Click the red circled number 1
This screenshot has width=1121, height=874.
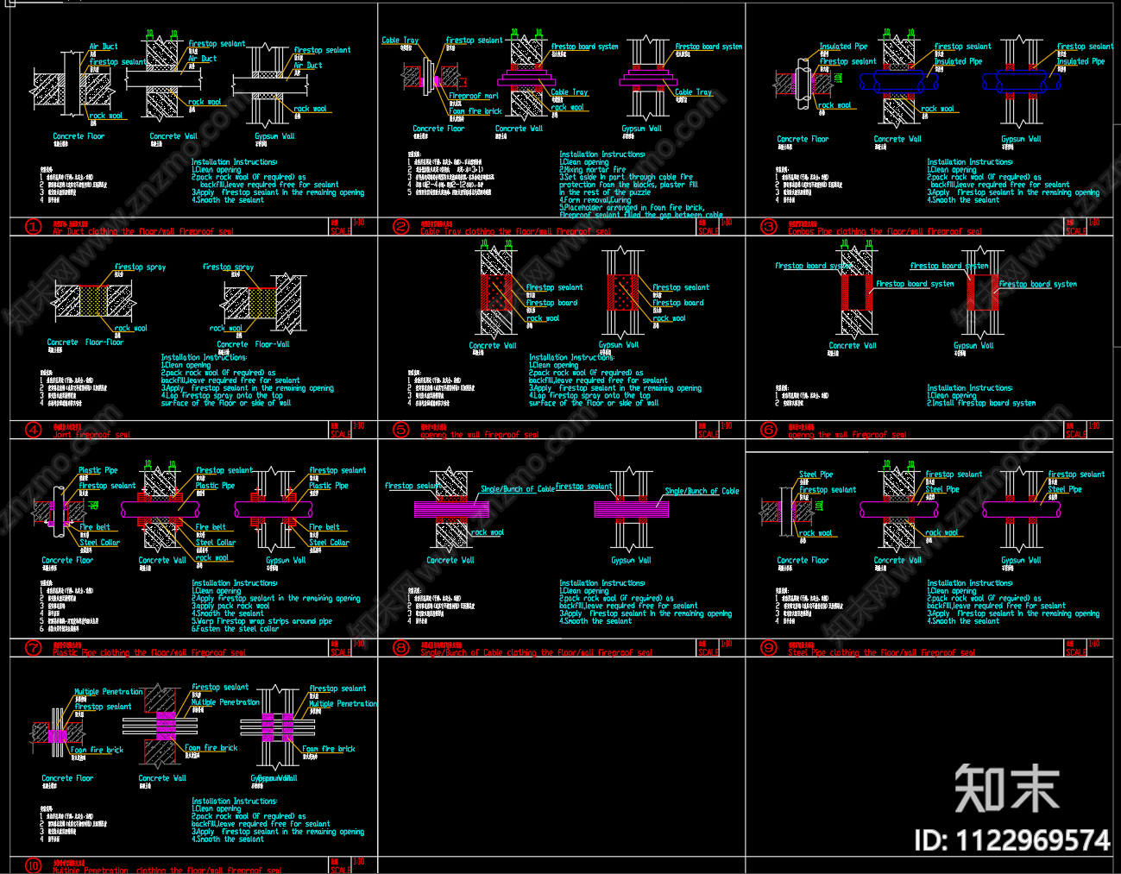coord(34,227)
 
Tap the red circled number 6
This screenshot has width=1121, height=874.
coord(769,430)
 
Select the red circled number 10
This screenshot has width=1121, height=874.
coord(34,865)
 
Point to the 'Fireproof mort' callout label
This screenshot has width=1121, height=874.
coord(473,96)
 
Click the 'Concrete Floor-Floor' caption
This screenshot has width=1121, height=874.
coord(85,343)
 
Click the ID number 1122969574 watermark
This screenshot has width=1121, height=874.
coord(1011,840)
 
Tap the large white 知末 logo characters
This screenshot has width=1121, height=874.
coord(1006,789)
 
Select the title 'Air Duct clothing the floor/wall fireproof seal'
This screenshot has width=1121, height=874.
coord(142,231)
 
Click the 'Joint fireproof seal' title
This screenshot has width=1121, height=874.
coord(91,435)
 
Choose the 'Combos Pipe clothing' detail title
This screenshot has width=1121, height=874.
coord(884,231)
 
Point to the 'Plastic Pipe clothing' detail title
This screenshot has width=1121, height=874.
coord(148,652)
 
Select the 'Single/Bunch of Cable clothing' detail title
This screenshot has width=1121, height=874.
coord(536,652)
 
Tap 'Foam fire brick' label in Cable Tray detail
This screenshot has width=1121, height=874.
coord(475,111)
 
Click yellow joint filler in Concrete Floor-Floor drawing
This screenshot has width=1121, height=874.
coord(93,301)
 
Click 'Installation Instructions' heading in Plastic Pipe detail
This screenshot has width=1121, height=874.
coord(234,583)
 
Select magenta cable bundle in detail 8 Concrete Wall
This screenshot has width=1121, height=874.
coord(452,509)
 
